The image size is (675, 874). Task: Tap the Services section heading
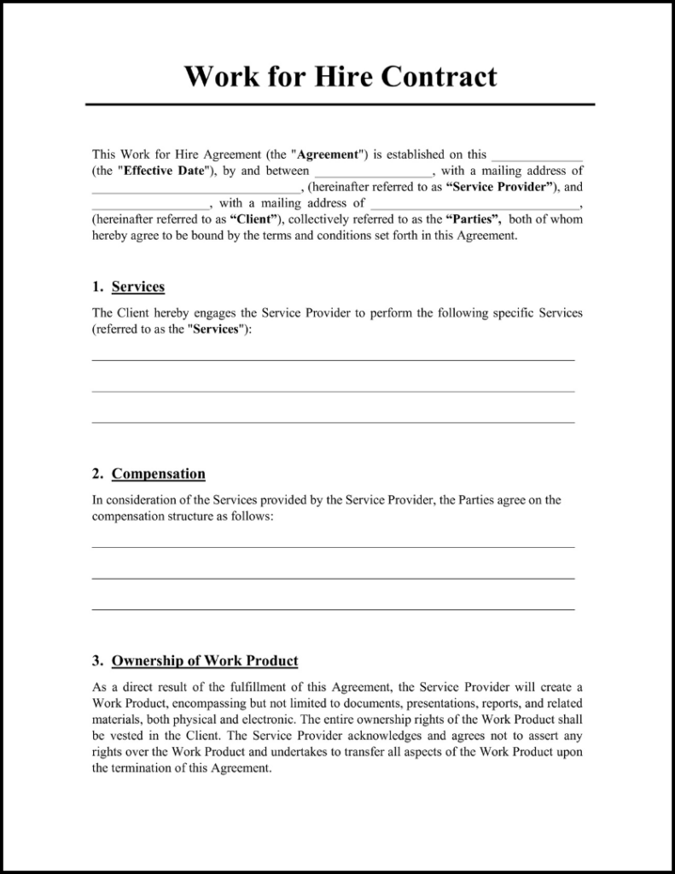(x=138, y=287)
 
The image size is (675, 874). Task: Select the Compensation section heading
(x=159, y=474)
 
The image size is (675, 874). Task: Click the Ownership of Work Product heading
(x=205, y=661)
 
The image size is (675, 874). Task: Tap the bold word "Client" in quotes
(x=255, y=219)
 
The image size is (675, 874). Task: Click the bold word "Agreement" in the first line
(x=327, y=154)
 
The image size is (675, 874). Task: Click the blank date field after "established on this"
(x=537, y=157)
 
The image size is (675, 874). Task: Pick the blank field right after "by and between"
(x=373, y=173)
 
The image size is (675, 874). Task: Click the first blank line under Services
(x=333, y=360)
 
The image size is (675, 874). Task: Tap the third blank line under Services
(x=333, y=422)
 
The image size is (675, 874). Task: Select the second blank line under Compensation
(x=333, y=579)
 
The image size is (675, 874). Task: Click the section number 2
(x=97, y=474)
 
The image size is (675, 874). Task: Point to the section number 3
(x=97, y=661)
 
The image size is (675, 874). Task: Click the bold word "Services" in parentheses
(x=215, y=329)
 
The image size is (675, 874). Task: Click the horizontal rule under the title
(x=340, y=104)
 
